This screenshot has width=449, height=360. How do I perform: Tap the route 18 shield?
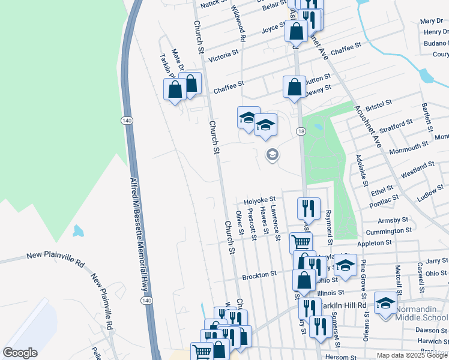(301, 131)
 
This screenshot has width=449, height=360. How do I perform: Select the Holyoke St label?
(259, 199)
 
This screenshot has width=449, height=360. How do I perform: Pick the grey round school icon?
(272, 155)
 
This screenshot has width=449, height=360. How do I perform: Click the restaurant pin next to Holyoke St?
(309, 208)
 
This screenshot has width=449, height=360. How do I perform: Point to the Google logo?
(20, 353)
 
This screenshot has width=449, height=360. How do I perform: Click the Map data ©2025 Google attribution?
(412, 355)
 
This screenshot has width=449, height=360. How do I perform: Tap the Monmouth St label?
(408, 147)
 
